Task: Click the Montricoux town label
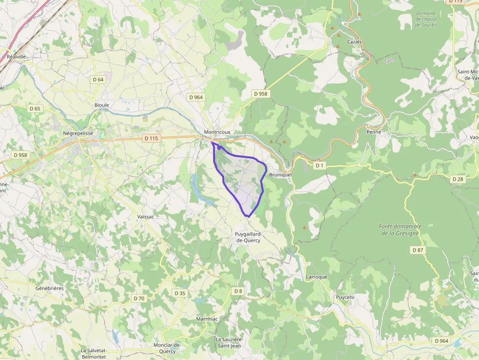217,132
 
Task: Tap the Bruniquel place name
280,174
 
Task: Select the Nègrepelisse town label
78,133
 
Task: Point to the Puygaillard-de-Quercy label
248,237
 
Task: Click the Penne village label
373,132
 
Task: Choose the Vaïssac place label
146,216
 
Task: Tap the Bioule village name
102,105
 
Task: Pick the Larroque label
316,277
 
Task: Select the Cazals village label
354,42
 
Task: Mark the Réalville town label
17,57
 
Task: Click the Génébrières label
49,288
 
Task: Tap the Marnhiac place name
206,319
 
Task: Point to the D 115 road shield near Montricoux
152,138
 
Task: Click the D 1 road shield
319,166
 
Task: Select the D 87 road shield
417,250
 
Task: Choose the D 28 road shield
458,179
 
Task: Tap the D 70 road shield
139,298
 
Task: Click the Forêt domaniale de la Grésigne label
399,230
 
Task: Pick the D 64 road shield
98,79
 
